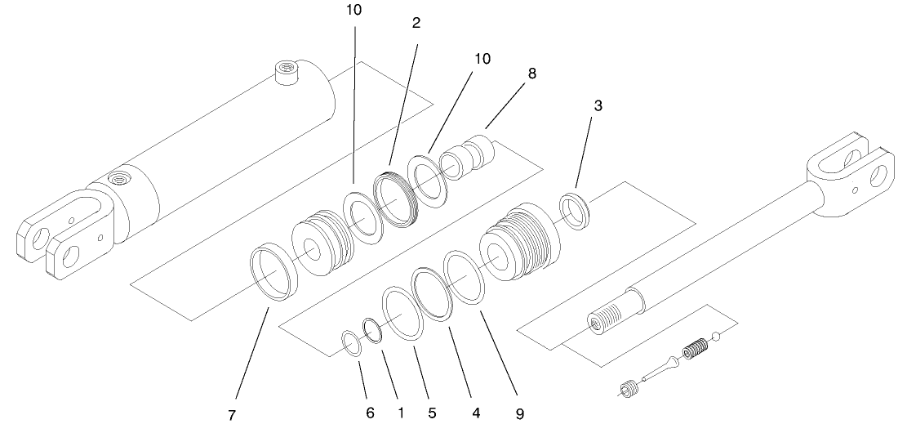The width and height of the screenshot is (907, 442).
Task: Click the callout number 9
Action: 520,414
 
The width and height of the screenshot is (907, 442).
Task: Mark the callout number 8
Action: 532,73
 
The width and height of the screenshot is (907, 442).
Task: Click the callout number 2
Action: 416,23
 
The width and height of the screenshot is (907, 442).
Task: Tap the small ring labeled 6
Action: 349,344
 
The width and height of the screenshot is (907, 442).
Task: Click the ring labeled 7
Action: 273,273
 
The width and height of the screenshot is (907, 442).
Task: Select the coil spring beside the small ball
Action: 695,350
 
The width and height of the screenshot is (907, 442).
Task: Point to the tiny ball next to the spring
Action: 716,335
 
